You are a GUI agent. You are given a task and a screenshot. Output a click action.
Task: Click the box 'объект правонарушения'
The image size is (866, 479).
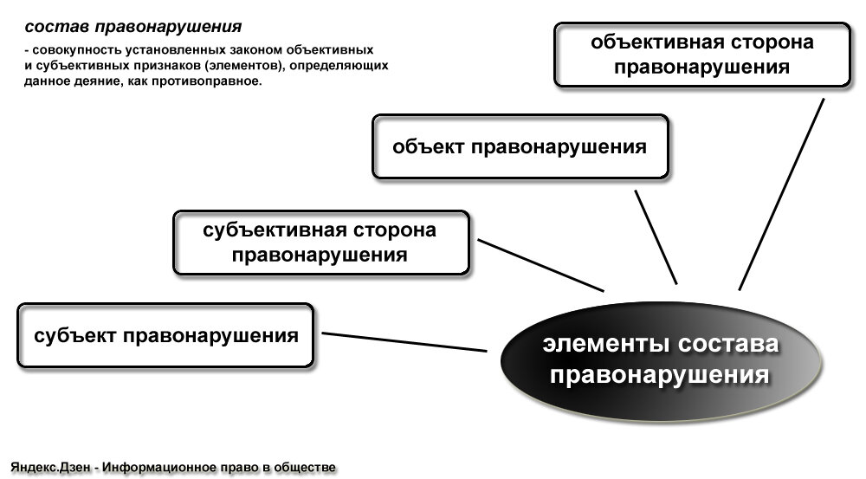click(x=520, y=146)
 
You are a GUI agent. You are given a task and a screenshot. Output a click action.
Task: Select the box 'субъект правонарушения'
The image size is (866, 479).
click(x=165, y=334)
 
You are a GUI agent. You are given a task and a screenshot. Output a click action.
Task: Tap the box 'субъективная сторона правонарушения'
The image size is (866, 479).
click(x=320, y=243)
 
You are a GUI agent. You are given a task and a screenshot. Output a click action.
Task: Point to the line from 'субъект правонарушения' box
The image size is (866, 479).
click(x=404, y=342)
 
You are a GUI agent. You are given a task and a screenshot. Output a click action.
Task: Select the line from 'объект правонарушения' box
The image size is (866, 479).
click(x=656, y=236)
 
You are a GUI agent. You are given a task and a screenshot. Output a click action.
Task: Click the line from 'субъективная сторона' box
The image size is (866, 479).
click(x=540, y=265)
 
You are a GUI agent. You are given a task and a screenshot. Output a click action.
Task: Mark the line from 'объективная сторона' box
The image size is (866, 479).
click(x=781, y=194)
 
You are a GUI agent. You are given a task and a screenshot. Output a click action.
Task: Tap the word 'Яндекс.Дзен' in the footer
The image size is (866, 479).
click(x=51, y=468)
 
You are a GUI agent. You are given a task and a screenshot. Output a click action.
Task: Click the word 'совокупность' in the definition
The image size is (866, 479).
click(x=72, y=50)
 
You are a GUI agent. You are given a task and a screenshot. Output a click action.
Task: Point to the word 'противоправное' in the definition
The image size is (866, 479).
click(x=217, y=81)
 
